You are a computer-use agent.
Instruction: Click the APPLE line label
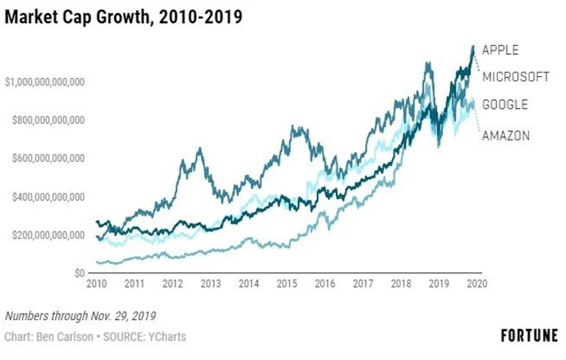[x=501, y=50]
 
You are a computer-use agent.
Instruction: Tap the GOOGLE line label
[x=505, y=104]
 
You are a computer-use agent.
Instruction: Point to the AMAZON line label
[x=506, y=135]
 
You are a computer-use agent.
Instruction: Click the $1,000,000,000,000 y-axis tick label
[x=44, y=81]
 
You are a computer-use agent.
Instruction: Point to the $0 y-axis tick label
[x=79, y=273]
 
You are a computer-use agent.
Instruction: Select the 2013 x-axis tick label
[x=210, y=285]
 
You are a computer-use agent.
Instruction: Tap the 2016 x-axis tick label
[x=324, y=285]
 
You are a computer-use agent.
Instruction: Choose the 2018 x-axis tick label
[x=400, y=285]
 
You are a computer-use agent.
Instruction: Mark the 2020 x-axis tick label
[x=476, y=285]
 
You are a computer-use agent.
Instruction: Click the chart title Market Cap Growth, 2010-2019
[x=123, y=16]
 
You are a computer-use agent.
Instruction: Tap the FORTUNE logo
[x=529, y=336]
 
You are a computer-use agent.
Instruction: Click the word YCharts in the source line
[x=166, y=337]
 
